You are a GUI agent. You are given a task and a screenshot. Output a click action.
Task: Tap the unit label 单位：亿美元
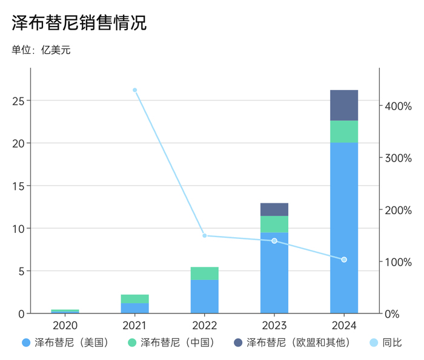tap(41, 50)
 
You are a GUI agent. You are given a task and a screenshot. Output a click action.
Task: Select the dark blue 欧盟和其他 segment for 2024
tap(344, 105)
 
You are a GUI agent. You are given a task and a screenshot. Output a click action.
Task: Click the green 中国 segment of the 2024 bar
tap(344, 131)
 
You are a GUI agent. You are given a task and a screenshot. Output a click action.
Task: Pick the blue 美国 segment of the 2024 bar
tap(344, 227)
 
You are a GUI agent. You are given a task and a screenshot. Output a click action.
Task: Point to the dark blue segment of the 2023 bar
tap(274, 209)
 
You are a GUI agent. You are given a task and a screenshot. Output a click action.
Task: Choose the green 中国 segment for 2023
tap(274, 224)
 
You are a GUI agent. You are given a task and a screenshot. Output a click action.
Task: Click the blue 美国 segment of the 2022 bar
tap(205, 296)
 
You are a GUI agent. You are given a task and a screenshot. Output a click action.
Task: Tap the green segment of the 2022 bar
tap(205, 273)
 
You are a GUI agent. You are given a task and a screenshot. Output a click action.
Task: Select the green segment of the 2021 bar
tap(134, 299)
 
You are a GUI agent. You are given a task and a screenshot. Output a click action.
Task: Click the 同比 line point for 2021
tap(134, 90)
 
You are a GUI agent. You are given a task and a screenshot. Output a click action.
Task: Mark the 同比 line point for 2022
tap(205, 235)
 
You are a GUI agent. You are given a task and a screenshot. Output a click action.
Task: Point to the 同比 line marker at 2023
tap(274, 241)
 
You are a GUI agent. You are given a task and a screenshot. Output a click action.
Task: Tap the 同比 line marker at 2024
tap(344, 260)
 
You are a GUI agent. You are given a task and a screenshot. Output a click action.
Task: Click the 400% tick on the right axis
tap(397, 106)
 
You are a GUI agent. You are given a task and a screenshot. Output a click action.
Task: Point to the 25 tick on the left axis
tap(18, 100)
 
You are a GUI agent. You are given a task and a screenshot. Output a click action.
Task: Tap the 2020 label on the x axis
tap(65, 325)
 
